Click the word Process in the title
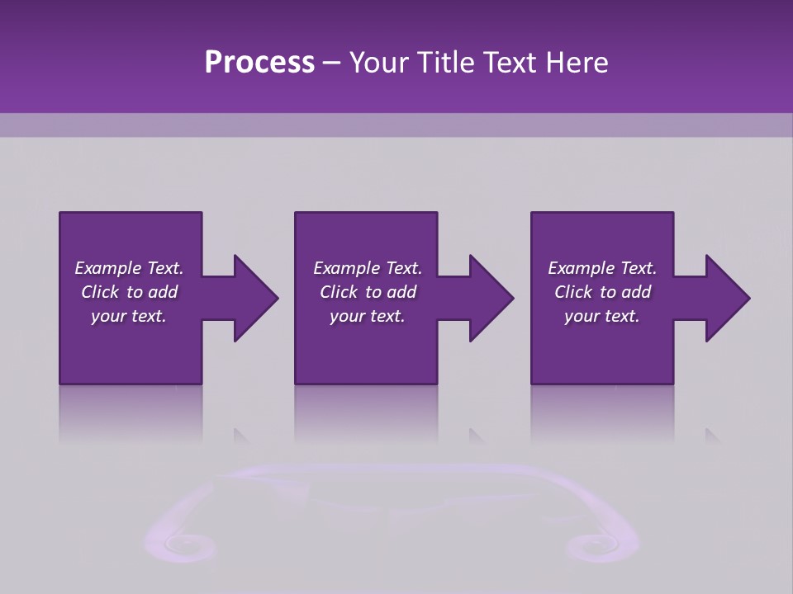pyautogui.click(x=259, y=63)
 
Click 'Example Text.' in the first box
pyautogui.click(x=129, y=268)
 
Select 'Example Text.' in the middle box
pyautogui.click(x=368, y=268)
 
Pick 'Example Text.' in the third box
pyautogui.click(x=602, y=268)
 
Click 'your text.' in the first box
pyautogui.click(x=129, y=316)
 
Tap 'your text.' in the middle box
pyautogui.click(x=368, y=316)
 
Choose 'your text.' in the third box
pyautogui.click(x=602, y=316)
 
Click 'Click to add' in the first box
pyautogui.click(x=129, y=292)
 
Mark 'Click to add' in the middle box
pyautogui.click(x=368, y=292)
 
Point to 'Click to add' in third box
pyautogui.click(x=602, y=292)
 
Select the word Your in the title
pyautogui.click(x=378, y=63)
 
